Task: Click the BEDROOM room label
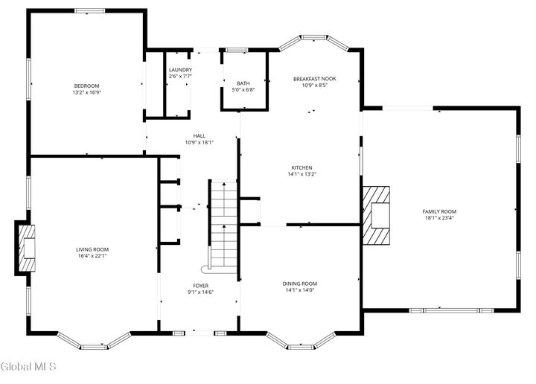86,86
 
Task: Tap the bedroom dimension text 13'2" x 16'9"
86,93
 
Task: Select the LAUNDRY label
180,69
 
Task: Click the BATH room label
243,83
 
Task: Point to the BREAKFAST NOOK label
315,78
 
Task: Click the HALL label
200,135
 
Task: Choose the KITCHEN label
301,167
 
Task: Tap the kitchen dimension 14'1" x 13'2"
301,174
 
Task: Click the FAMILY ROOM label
439,211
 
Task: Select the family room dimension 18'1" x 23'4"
439,218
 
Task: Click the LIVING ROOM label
92,249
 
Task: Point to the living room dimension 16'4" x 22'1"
92,256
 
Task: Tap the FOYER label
201,286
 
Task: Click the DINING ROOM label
299,284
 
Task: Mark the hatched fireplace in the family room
377,215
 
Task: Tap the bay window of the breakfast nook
313,39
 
